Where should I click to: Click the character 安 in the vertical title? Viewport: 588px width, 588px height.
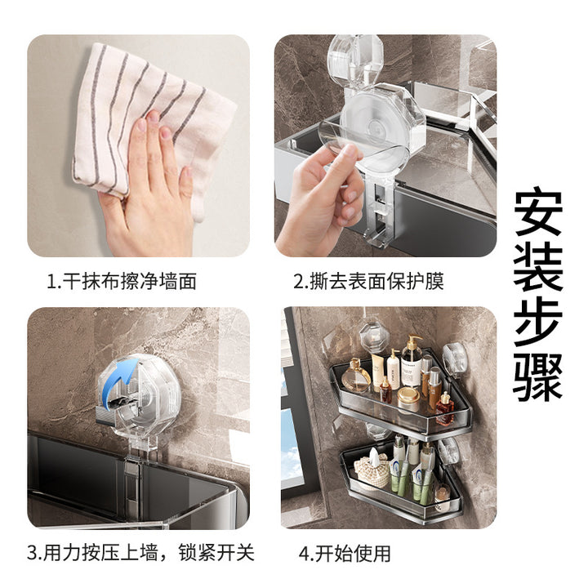point(538,212)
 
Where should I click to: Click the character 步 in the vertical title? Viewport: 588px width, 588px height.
point(538,323)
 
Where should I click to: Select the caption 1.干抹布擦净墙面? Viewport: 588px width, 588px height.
point(122,281)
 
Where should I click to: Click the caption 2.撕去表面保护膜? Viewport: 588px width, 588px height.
point(368,281)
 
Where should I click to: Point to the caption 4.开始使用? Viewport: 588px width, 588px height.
point(345,553)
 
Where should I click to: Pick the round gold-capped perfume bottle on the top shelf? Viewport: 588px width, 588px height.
point(355,376)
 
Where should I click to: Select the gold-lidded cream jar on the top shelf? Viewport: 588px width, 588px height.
point(409,399)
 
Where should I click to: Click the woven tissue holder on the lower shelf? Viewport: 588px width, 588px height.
point(372,470)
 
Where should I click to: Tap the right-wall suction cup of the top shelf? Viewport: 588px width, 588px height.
point(455,360)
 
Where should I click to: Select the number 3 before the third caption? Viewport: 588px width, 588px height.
point(32,553)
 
